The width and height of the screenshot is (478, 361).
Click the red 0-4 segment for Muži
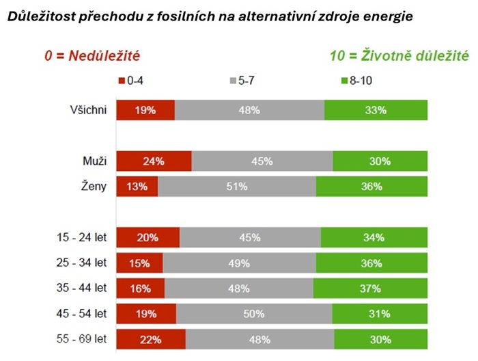click(154, 161)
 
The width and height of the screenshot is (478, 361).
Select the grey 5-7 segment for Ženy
click(237, 186)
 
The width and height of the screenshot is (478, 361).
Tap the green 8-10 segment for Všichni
click(376, 110)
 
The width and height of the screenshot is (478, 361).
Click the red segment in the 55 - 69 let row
click(150, 339)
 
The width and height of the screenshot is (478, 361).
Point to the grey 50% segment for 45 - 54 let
click(254, 314)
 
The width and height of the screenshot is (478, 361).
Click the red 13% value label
click(137, 186)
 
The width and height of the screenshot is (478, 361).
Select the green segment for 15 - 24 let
click(374, 237)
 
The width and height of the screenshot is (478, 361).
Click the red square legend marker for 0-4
click(122, 81)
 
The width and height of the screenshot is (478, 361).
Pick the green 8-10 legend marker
click(343, 81)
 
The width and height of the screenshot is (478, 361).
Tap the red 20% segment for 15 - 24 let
click(147, 237)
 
